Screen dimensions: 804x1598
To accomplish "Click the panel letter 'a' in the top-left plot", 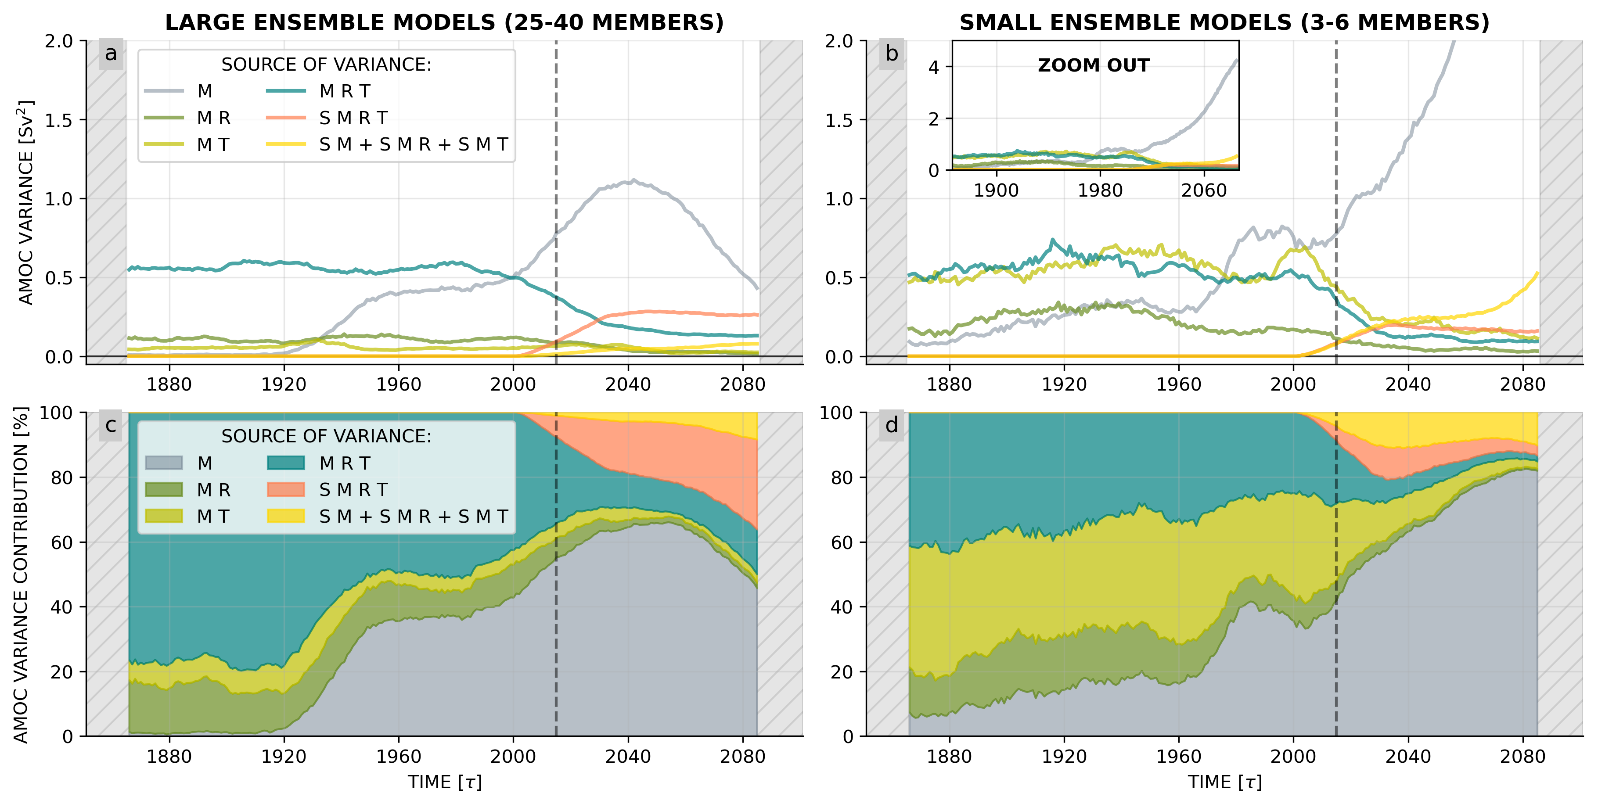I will point(111,54).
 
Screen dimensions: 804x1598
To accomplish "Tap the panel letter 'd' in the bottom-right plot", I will point(892,426).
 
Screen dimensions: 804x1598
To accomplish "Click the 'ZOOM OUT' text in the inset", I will point(1093,66).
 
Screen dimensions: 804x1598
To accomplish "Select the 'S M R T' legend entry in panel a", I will point(353,118).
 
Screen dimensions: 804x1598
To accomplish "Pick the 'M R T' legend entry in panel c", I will point(344,463).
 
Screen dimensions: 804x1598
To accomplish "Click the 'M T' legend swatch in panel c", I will point(164,516).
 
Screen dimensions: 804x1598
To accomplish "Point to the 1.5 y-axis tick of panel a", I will point(59,120).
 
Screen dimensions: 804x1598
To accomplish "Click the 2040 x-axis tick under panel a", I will point(628,384).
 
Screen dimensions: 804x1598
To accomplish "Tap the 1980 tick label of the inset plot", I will point(1100,190).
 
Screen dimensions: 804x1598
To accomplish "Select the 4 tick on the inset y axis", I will point(934,67).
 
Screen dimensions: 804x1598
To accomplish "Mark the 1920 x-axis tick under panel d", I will point(1064,757).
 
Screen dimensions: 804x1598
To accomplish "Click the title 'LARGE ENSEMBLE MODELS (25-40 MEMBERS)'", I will point(444,23).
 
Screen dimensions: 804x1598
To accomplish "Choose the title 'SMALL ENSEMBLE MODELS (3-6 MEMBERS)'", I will point(1224,23).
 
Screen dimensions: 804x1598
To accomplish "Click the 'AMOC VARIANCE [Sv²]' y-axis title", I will point(25,202).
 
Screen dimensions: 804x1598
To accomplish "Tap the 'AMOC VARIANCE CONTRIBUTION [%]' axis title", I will point(21,574).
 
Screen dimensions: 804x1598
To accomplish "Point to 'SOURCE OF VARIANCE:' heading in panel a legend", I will point(326,65).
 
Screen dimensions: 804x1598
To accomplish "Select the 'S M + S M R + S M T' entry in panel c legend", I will point(413,516).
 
